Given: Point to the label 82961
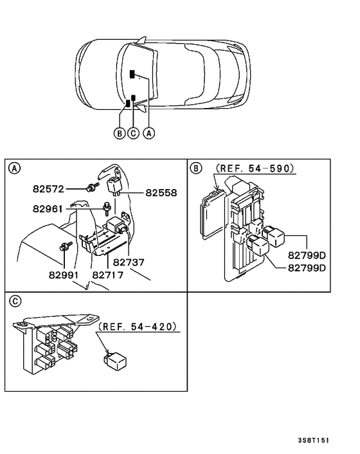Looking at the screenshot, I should (50, 208).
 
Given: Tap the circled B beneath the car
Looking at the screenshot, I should (119, 134).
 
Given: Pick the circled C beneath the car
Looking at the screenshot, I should (133, 134).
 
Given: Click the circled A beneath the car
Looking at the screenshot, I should (148, 134).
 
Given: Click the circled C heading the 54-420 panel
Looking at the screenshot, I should (13, 301).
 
